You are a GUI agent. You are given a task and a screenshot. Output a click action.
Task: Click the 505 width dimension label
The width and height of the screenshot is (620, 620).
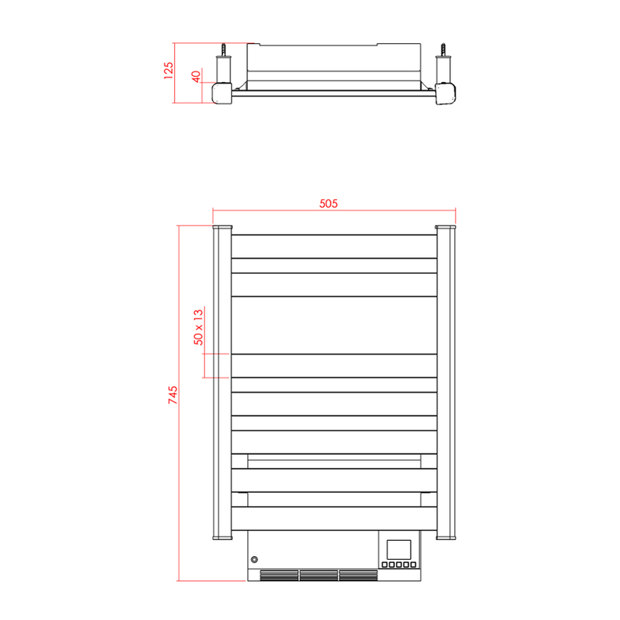[328, 203]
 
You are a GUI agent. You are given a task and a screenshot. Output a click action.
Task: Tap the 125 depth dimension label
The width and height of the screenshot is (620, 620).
[169, 70]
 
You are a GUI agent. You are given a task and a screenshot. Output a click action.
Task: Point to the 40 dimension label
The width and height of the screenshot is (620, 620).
[196, 77]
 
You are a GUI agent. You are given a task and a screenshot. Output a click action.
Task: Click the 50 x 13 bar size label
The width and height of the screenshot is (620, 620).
[198, 327]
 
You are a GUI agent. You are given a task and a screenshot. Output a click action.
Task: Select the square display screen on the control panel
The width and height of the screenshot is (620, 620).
[399, 548]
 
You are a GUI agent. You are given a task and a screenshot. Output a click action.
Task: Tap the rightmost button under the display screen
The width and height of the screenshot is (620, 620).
[414, 564]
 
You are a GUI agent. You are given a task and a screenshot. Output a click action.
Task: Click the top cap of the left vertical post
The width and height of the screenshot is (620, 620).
[222, 227]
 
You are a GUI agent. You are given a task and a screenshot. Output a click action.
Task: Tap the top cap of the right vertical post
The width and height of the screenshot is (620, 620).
[445, 227]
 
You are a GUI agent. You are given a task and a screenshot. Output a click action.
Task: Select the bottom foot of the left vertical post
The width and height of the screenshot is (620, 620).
[222, 536]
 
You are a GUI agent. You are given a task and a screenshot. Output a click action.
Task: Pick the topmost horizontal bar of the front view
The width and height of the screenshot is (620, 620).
[334, 246]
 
